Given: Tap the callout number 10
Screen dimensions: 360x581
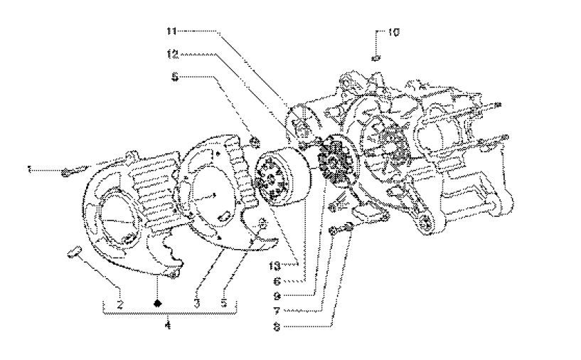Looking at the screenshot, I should pyautogui.click(x=395, y=33).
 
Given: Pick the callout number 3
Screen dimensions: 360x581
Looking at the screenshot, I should pyautogui.click(x=196, y=303).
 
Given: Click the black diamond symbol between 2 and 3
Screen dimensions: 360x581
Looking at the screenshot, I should pyautogui.click(x=157, y=303).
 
